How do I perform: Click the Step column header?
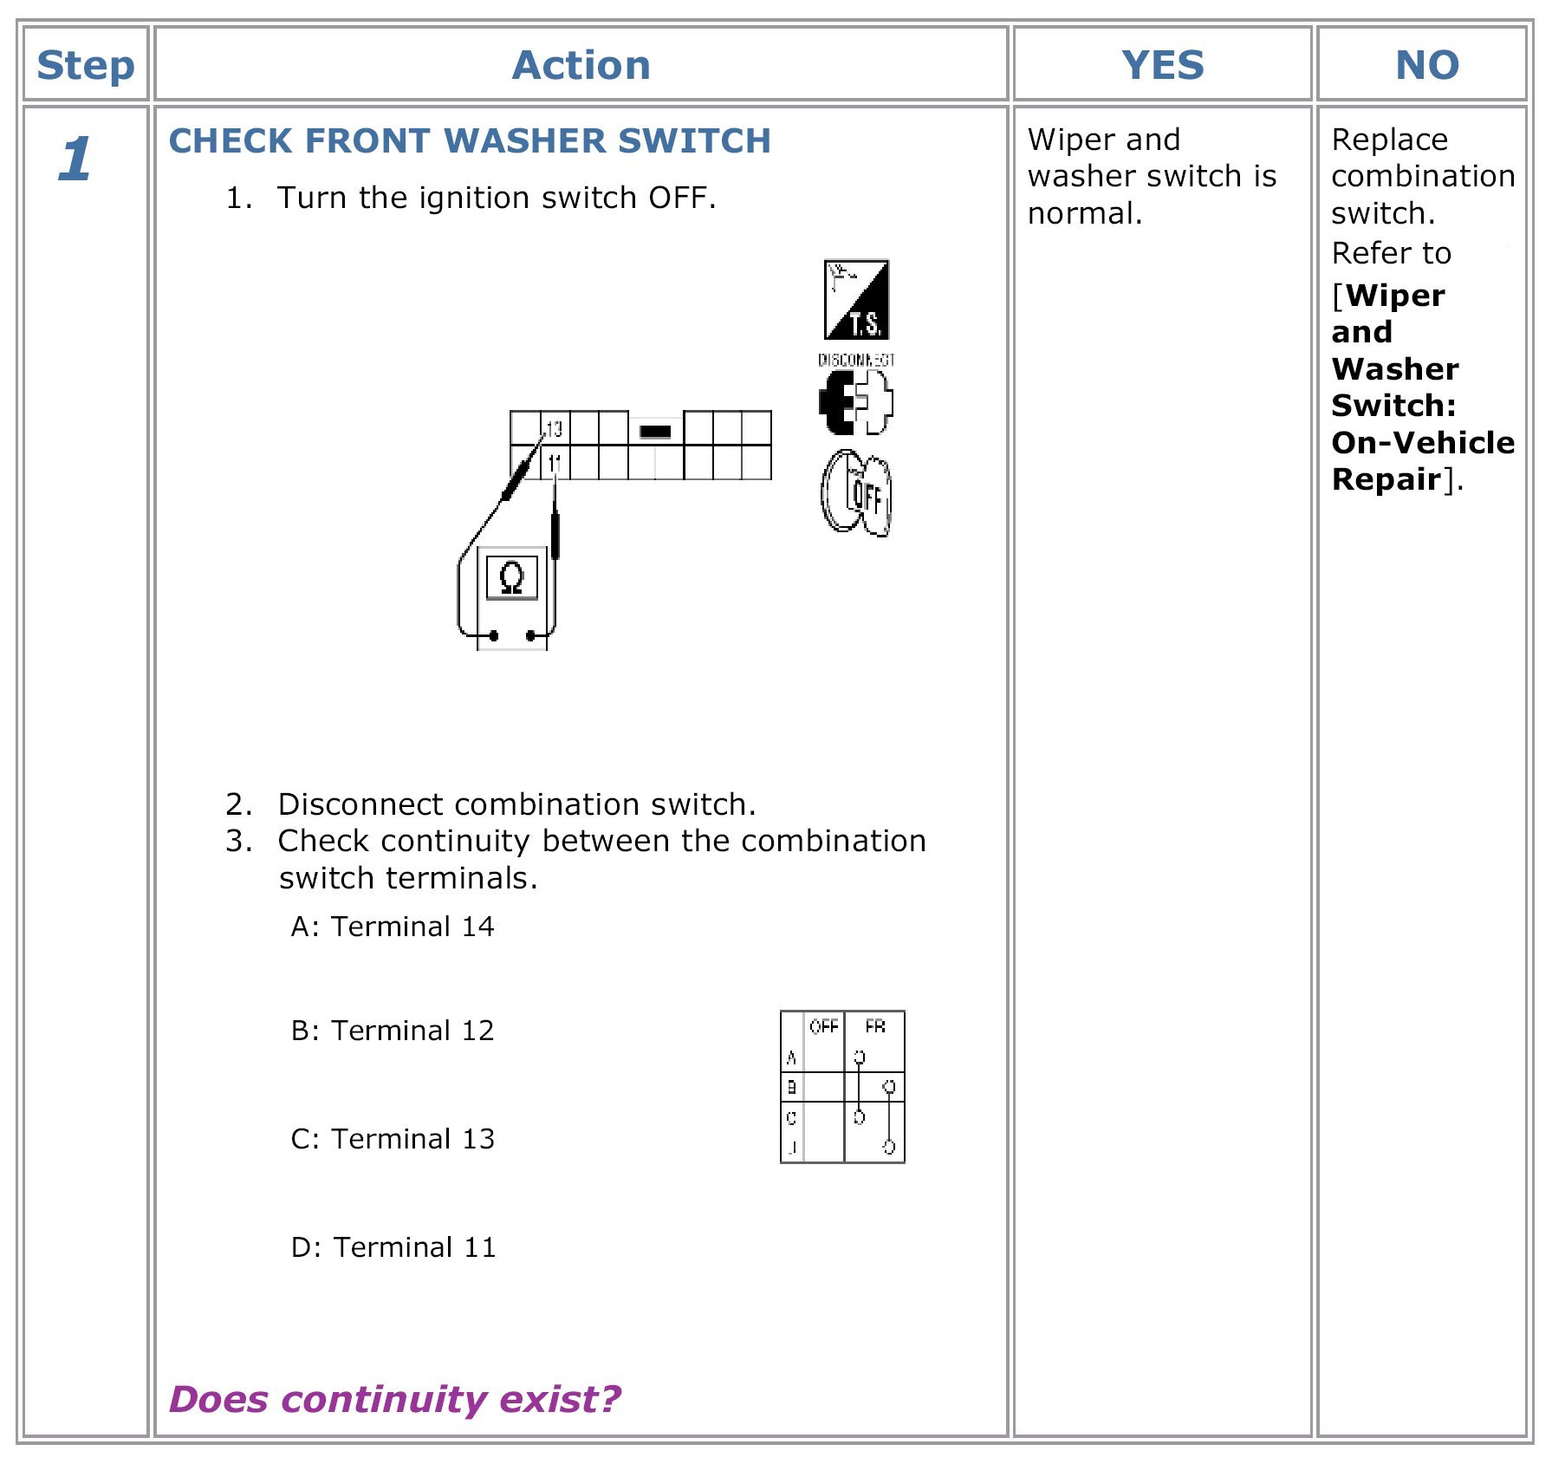tap(86, 66)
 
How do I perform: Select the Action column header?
tap(581, 66)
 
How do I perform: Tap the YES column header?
tap(1162, 66)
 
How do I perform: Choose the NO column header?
tap(1426, 66)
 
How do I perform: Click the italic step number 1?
tap(75, 160)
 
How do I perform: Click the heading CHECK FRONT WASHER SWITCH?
tap(470, 141)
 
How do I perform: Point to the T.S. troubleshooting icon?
tap(856, 300)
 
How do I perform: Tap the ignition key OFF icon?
tap(856, 493)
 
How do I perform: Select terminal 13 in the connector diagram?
tap(555, 428)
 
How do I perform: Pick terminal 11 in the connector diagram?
tap(555, 463)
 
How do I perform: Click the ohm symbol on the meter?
tap(512, 577)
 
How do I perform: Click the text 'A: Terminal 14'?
tap(393, 927)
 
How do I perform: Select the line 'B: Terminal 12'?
tap(393, 1031)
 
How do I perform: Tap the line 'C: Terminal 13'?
tap(393, 1139)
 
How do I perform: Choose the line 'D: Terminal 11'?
tap(393, 1247)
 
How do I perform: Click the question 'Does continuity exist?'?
tap(395, 1399)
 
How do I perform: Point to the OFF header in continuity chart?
tap(823, 1027)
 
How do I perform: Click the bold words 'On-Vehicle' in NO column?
tap(1423, 443)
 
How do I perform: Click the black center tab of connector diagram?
tap(655, 431)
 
